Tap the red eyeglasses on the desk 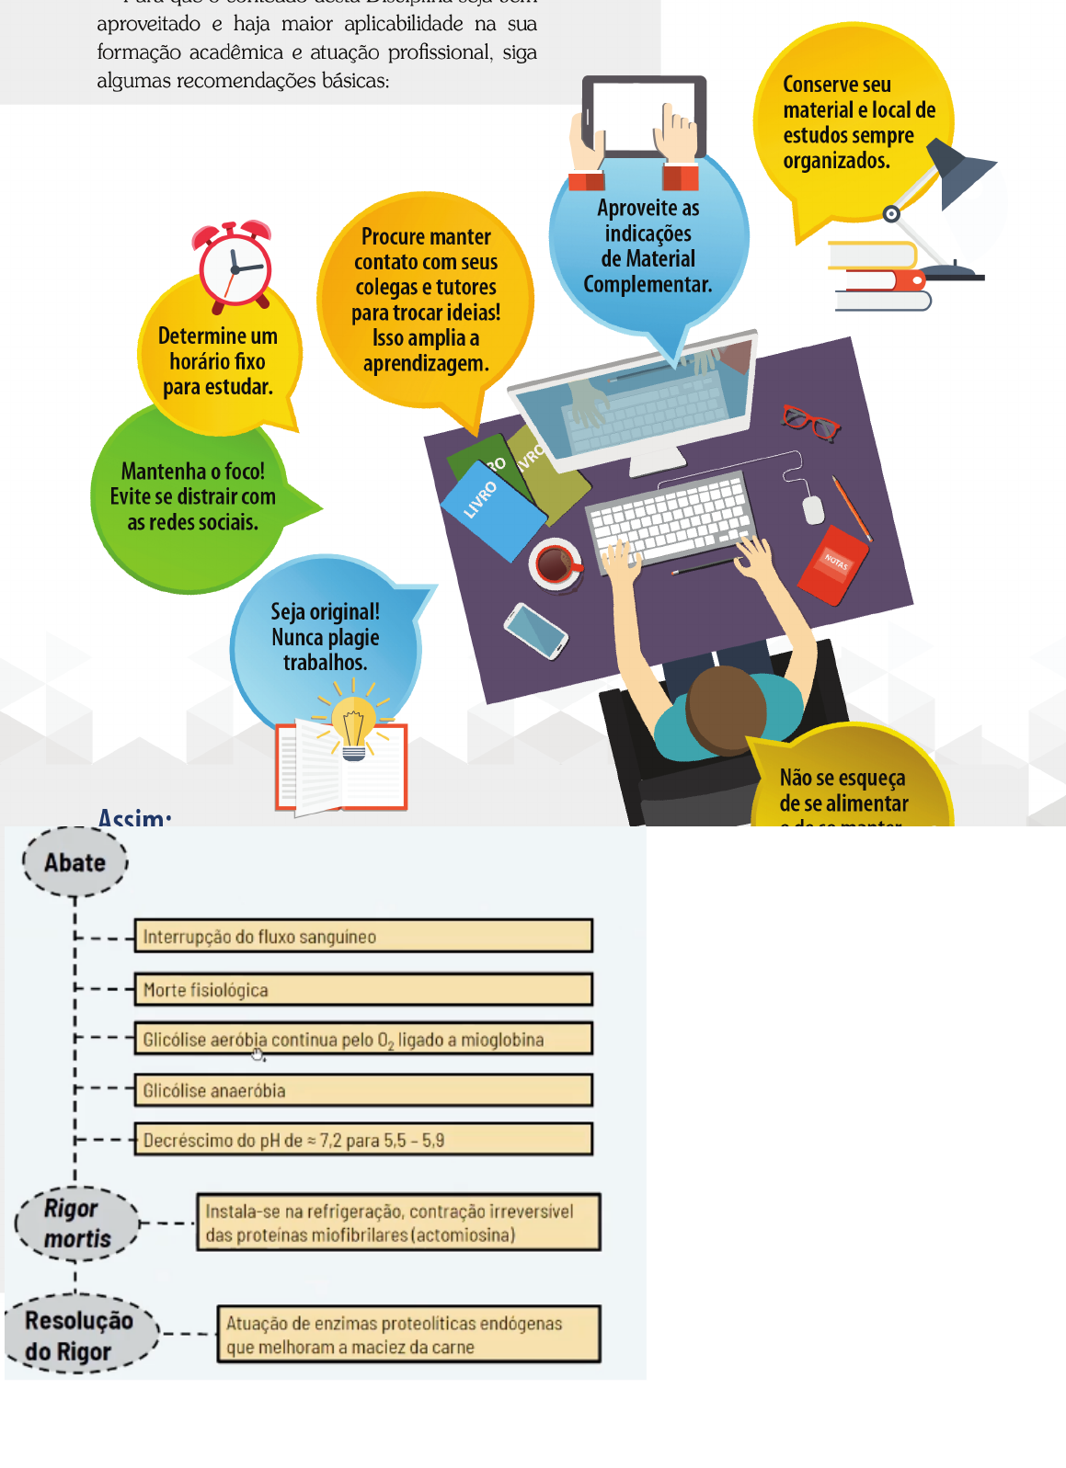pyautogui.click(x=810, y=422)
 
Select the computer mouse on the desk pyautogui.click(x=813, y=508)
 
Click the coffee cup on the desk pyautogui.click(x=556, y=563)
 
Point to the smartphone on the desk pyautogui.click(x=535, y=631)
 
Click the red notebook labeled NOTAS pyautogui.click(x=833, y=564)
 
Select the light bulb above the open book pyautogui.click(x=353, y=726)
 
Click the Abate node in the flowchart pyautogui.click(x=75, y=862)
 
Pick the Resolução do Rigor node pyautogui.click(x=80, y=1336)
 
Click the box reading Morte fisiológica pyautogui.click(x=363, y=989)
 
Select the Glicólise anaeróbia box pyautogui.click(x=363, y=1090)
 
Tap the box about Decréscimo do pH pyautogui.click(x=363, y=1140)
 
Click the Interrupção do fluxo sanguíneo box pyautogui.click(x=363, y=937)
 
